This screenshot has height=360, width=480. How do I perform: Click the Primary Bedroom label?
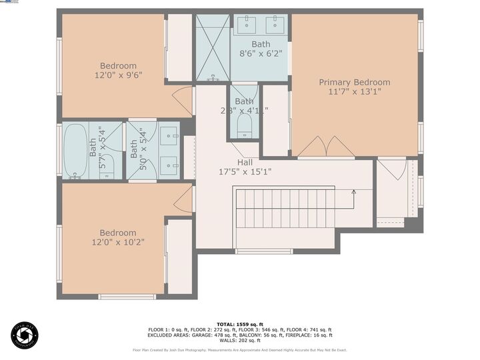click(x=354, y=82)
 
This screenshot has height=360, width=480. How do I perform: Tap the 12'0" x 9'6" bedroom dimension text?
click(x=118, y=75)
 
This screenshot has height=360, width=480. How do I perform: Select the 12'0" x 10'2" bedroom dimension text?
click(x=118, y=243)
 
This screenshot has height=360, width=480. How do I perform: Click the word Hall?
click(x=245, y=162)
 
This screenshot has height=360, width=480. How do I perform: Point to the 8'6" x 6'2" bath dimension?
click(x=261, y=54)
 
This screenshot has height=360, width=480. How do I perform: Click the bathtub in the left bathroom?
click(x=75, y=151)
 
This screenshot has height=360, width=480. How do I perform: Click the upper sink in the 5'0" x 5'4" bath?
click(x=169, y=132)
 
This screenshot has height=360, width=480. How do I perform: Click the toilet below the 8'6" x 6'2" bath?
click(x=244, y=125)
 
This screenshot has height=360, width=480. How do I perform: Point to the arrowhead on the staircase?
click(x=353, y=193)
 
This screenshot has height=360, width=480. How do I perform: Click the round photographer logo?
click(x=25, y=335)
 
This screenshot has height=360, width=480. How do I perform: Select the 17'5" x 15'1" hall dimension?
click(x=245, y=171)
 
